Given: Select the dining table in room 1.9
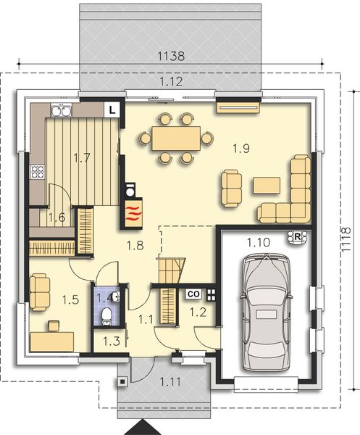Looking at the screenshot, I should click(176, 137).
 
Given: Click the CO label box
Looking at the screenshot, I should click(193, 294).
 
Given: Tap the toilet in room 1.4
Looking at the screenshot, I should click(106, 314).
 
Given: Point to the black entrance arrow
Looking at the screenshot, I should click(143, 426).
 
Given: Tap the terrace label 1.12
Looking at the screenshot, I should click(171, 82).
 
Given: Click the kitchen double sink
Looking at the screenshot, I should click(60, 111).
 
